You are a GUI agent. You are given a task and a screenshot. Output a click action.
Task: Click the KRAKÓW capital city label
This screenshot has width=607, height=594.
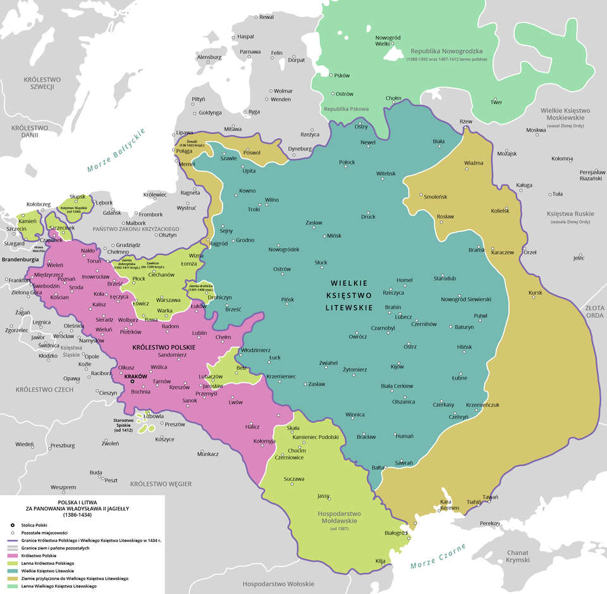[136, 376]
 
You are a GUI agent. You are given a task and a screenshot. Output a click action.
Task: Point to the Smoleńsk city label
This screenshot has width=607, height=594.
[436, 196]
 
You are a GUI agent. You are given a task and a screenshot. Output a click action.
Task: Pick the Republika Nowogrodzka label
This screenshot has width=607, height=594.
[446, 51]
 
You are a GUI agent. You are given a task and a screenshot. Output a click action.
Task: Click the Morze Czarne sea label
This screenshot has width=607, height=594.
[438, 555]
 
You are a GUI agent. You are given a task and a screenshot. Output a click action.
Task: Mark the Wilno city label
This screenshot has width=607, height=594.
[272, 200]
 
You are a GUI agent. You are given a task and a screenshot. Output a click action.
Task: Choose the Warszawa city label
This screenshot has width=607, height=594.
[168, 300]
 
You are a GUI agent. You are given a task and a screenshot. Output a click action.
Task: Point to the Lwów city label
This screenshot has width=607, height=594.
[236, 402]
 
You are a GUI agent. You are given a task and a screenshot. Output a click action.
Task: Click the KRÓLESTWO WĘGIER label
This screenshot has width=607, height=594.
[161, 484]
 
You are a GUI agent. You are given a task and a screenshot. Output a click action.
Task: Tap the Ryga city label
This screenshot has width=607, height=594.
[254, 112]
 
